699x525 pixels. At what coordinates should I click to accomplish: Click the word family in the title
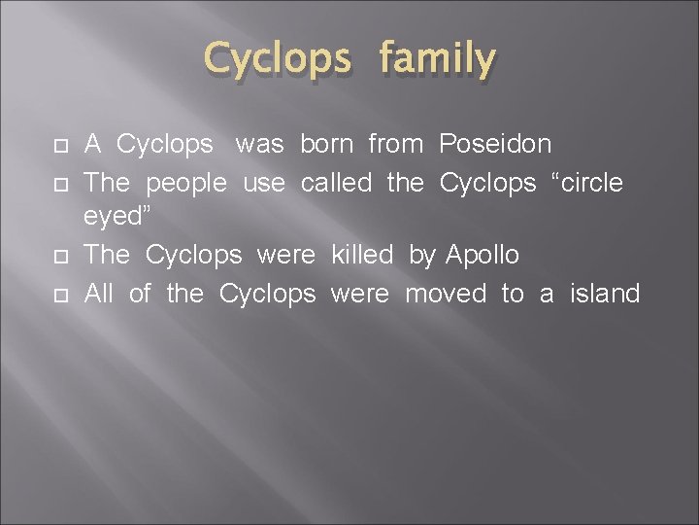coord(438,60)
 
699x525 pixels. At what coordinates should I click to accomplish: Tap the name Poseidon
coord(495,145)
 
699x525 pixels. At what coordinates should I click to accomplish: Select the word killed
coord(362,256)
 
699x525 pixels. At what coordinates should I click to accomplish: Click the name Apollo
coord(483,256)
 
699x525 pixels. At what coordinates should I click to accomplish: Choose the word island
coord(605,293)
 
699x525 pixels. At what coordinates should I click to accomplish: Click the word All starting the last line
coord(100,293)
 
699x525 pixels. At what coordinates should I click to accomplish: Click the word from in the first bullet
coord(395,145)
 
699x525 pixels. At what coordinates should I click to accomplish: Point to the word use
coord(264,182)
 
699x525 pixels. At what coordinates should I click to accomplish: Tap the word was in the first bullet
coord(259,145)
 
